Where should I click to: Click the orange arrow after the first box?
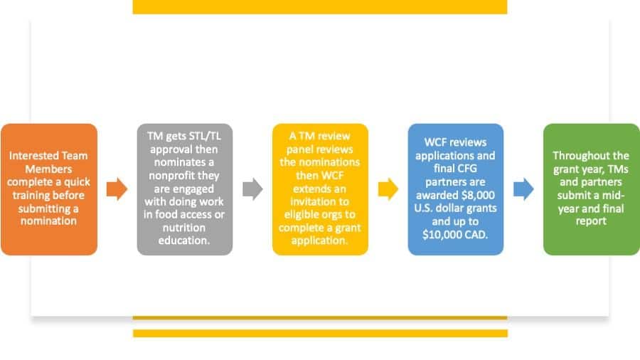tap(117, 189)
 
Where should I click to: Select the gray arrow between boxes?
tap(252, 189)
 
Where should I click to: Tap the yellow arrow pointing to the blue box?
tap(388, 189)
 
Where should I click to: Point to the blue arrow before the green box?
tap(523, 189)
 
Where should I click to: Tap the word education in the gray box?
tap(183, 240)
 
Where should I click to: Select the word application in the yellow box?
tap(319, 240)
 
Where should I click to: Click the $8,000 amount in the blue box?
tap(478, 195)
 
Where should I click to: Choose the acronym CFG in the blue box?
tap(467, 169)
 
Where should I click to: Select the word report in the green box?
tap(591, 221)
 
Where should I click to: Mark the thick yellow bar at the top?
tap(320, 7)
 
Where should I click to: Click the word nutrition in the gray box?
tap(183, 228)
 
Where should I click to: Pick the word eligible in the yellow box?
tap(302, 215)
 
